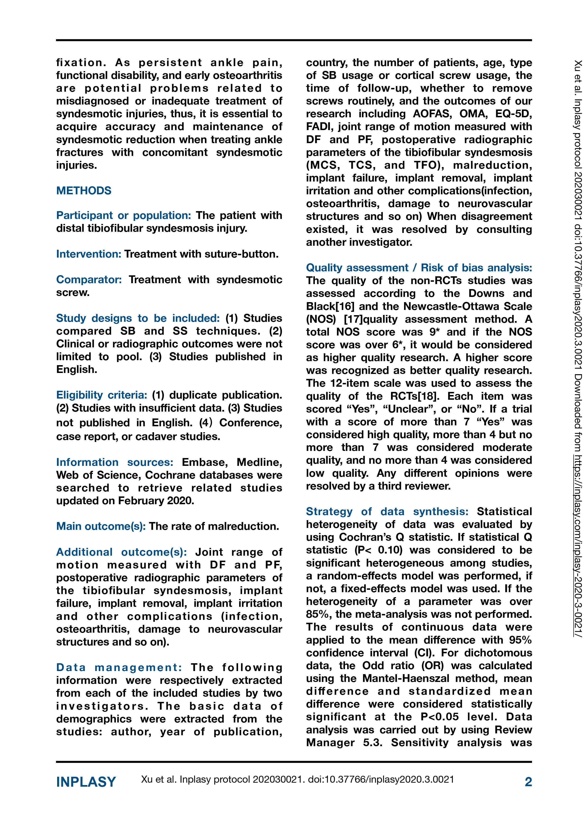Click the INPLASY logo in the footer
[86, 782]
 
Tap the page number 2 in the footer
[528, 782]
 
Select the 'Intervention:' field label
[88, 254]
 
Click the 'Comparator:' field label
[89, 280]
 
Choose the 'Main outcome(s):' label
[101, 526]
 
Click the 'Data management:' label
[119, 668]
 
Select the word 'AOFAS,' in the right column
[432, 114]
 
